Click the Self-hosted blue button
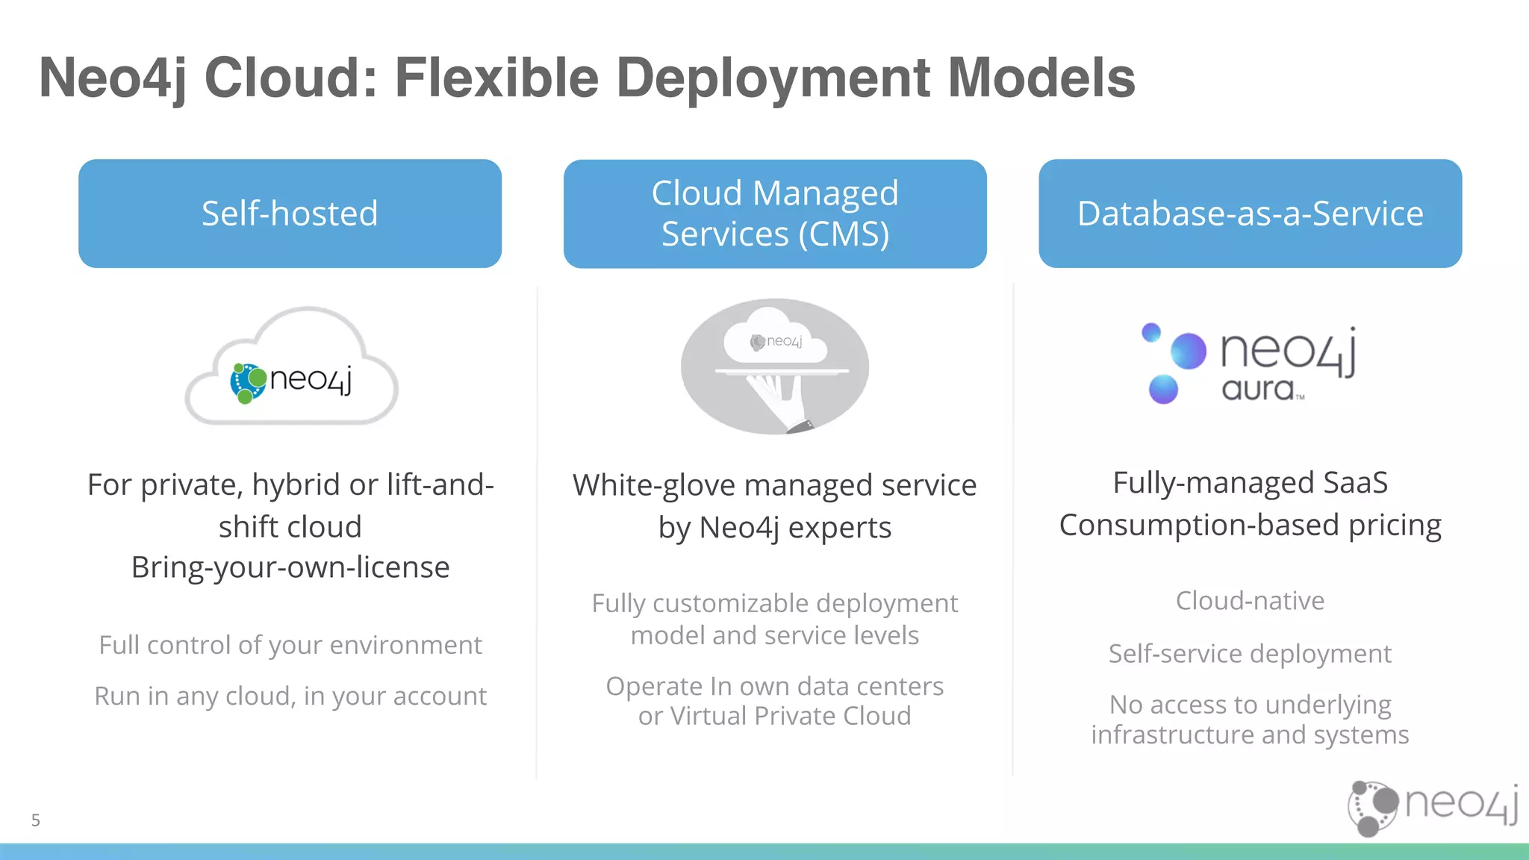[x=290, y=214]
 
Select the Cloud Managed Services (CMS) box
[x=775, y=214]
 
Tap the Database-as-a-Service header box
[x=1250, y=214]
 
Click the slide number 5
[x=36, y=820]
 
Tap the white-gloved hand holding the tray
[x=776, y=400]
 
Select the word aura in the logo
[x=1258, y=389]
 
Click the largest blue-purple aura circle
[x=1188, y=351]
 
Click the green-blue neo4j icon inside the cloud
[x=248, y=383]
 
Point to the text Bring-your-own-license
[x=290, y=567]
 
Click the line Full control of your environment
[x=290, y=645]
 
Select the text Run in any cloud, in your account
[x=290, y=696]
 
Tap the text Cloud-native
[x=1250, y=601]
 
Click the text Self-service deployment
[x=1250, y=654]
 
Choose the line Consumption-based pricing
[x=1250, y=526]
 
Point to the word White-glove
[x=654, y=486]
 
